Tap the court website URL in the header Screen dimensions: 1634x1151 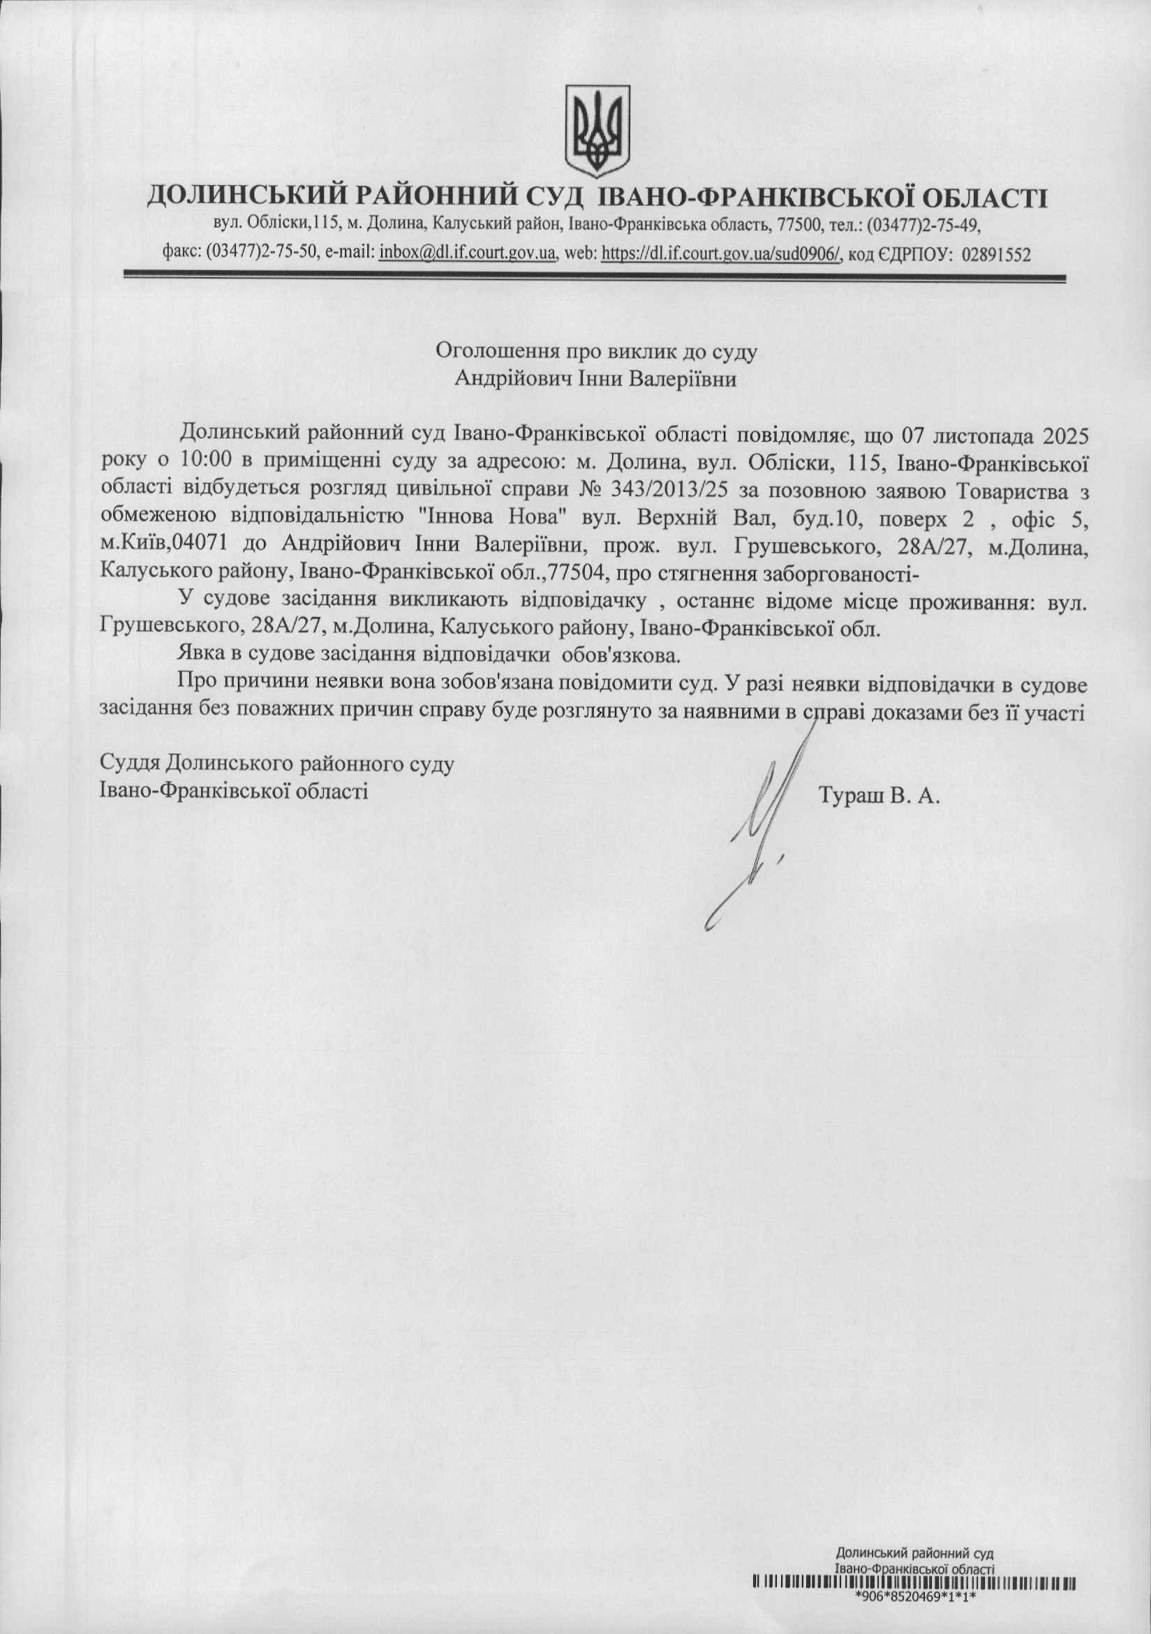pos(721,253)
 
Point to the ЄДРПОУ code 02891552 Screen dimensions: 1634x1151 pos(996,253)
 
